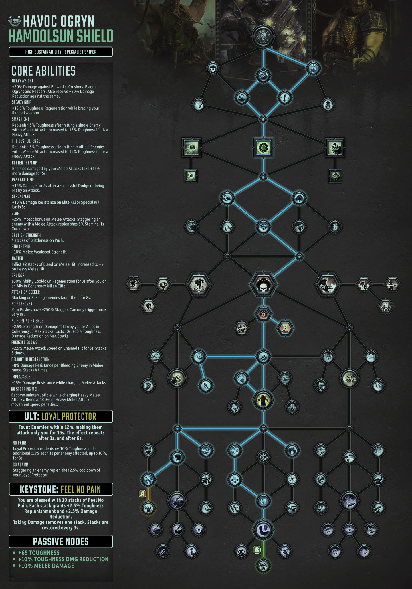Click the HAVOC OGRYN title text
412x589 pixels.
[59, 21]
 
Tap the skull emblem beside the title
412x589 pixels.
[15, 21]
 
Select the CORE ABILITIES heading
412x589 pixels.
[43, 71]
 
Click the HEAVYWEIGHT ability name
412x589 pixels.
[23, 81]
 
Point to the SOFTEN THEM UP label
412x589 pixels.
[25, 163]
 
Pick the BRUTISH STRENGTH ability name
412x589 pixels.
[26, 235]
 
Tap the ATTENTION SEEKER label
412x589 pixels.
[26, 292]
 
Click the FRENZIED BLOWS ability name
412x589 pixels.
[24, 342]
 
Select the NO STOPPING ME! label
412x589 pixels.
[24, 389]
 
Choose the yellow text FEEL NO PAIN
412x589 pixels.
[81, 489]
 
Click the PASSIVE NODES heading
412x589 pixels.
[61, 541]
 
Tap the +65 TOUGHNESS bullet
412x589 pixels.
[39, 553]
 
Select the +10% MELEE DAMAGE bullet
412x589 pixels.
[46, 566]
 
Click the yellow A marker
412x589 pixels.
[142, 493]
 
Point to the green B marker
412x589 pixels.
[257, 550]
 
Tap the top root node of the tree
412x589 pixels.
[263, 36]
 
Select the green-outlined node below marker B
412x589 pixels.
[263, 566]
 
